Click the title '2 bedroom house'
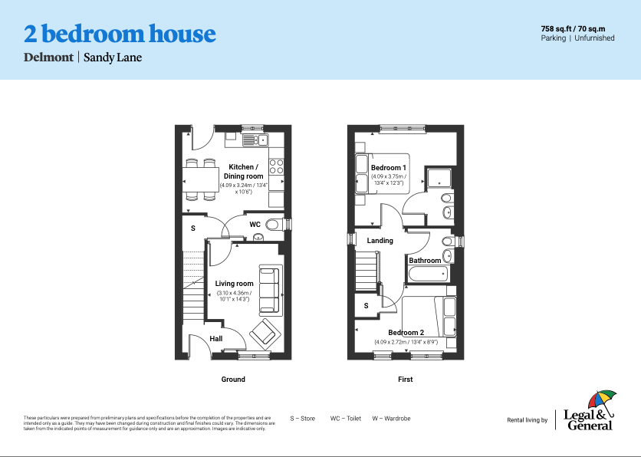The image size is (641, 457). coord(120,34)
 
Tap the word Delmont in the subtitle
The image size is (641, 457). coord(48,57)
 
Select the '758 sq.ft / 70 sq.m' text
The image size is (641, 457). coord(577,28)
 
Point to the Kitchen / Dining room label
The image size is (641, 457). coord(244,172)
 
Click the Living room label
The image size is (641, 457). coord(234,284)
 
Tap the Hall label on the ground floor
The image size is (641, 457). coord(216,338)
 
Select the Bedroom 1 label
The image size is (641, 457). coord(389,168)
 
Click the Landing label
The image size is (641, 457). coord(380,241)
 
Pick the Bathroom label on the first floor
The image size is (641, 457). coord(425,261)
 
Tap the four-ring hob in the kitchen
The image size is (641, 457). coord(277,166)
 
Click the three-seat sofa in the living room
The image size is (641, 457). coord(270,290)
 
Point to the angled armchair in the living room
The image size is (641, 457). coord(265,332)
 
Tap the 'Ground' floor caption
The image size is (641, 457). coord(233,380)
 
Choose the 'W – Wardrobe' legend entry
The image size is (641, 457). coord(391,419)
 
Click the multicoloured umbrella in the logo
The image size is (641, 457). coord(602,399)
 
